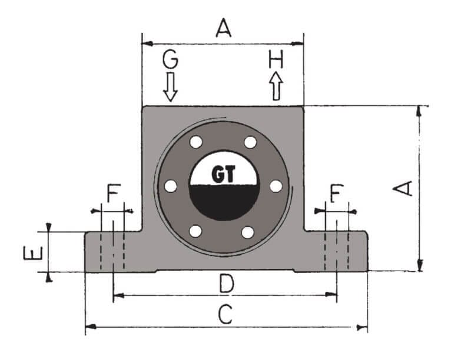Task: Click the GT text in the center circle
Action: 223,174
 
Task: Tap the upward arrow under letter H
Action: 276,86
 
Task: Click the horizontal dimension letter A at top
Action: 223,27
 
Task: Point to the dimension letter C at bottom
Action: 224,315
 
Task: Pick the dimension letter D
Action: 224,284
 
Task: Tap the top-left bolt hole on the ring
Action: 195,142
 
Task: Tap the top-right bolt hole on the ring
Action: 250,142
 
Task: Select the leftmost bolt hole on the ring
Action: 171,186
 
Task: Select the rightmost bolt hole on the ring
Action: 276,185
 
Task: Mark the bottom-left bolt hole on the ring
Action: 195,232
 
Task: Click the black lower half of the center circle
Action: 223,202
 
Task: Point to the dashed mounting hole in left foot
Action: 112,252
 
